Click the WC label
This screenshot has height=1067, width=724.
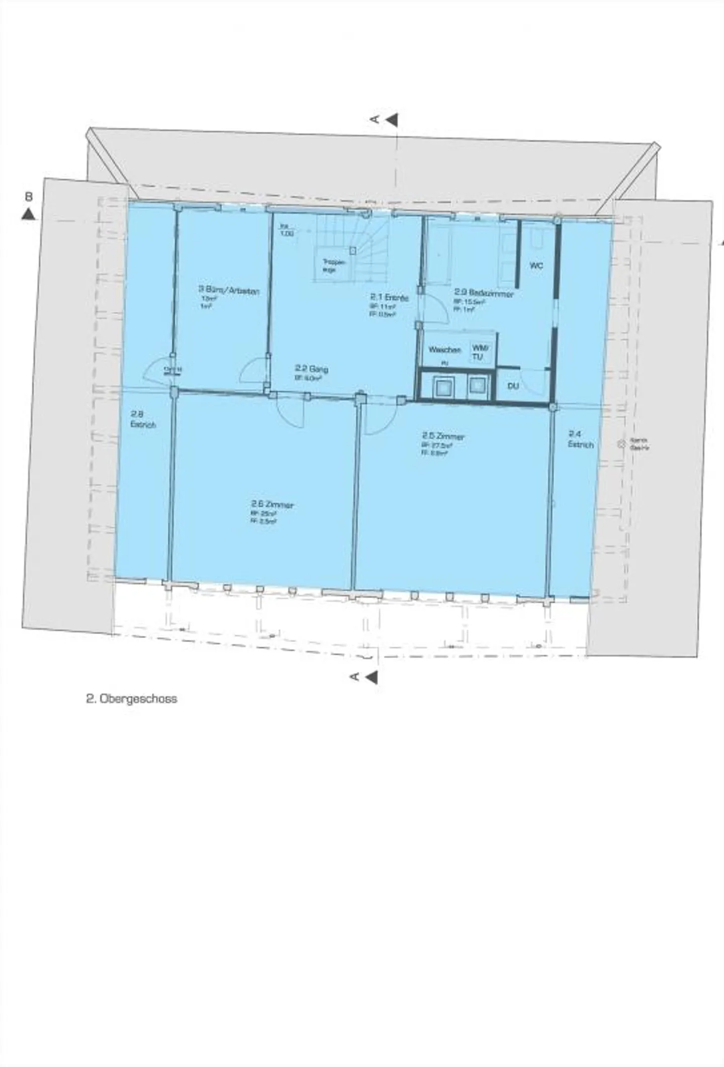536,266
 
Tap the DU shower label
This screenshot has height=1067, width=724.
513,386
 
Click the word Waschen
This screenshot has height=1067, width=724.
444,349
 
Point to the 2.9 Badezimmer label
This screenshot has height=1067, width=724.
484,293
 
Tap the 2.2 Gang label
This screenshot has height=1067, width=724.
311,369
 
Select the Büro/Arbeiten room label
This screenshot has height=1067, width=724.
229,291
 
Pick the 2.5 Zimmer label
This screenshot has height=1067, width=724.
443,436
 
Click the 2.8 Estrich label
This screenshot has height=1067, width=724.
143,419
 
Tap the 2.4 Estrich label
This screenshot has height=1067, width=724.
580,439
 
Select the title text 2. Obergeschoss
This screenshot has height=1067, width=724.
131,699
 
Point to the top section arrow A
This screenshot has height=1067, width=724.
391,120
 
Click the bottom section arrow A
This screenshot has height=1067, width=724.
371,677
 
